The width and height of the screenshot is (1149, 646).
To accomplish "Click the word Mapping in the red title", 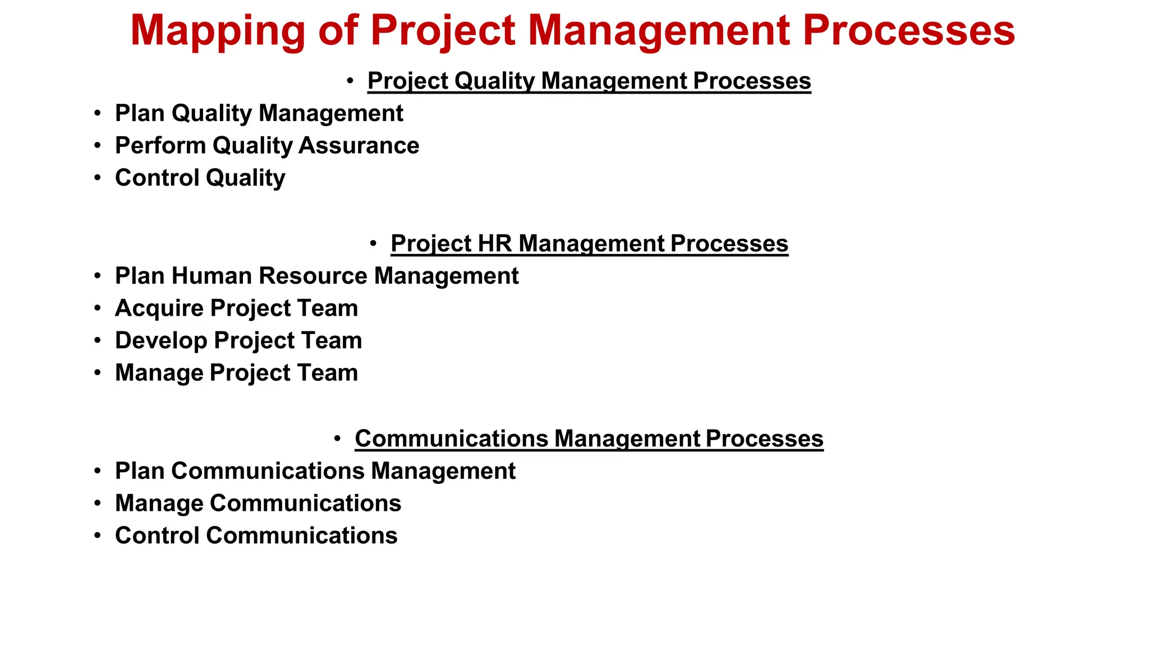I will [x=218, y=31].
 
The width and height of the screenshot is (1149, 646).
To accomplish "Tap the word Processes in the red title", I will [x=909, y=30].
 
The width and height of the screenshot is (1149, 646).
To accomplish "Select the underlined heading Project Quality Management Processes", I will [x=589, y=81].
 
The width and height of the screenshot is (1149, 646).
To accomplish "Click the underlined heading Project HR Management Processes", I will [x=589, y=243].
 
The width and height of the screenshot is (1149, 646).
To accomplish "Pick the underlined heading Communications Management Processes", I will [x=589, y=439].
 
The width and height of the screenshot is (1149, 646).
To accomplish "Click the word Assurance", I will [x=359, y=146].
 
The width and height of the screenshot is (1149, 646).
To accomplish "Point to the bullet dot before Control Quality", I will [x=98, y=178].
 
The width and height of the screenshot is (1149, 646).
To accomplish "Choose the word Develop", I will [x=161, y=341].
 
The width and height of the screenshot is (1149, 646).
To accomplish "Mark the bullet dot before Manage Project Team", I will [x=98, y=373].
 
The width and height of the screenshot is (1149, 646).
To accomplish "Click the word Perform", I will [x=160, y=146].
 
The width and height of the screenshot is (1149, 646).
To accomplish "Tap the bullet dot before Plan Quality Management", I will [x=98, y=113].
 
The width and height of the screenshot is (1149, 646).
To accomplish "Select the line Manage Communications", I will [x=258, y=504].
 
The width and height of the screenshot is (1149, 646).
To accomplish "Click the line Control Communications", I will [x=256, y=536].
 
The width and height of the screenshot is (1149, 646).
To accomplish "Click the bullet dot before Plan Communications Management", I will [x=98, y=471].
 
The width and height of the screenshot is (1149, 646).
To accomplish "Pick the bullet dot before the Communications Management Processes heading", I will [x=337, y=439].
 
